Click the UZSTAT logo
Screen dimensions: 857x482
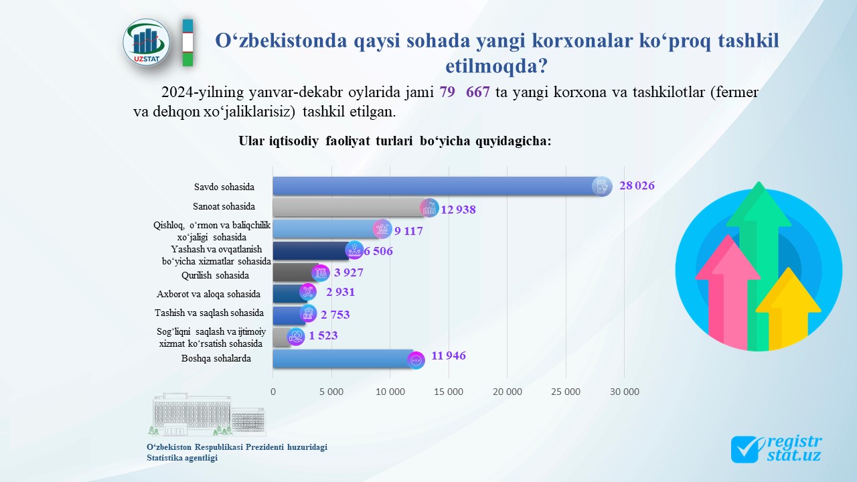146,42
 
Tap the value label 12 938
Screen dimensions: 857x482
458,210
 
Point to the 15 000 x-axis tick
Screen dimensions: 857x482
449,392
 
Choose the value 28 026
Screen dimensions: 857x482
637,185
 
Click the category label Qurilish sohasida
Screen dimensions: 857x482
215,275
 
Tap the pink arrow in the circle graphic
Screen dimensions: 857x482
728,291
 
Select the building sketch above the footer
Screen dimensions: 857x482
207,414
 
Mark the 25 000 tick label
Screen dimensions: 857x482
566,392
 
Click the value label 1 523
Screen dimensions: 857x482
323,335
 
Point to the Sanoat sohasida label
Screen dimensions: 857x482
224,207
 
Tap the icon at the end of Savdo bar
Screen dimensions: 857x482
601,186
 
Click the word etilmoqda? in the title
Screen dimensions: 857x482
497,66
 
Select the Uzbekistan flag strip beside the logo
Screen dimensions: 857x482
187,43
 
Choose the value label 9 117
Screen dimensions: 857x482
408,231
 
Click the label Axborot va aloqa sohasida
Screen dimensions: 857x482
208,294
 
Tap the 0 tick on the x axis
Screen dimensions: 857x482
272,392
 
